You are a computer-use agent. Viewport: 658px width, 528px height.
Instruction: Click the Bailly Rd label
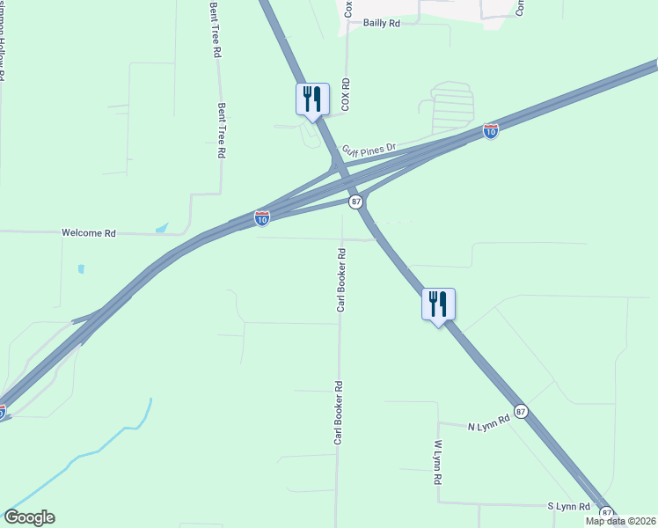(382, 24)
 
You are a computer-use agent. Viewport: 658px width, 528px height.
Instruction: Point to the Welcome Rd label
(89, 233)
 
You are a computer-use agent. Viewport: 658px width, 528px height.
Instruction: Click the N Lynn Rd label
(489, 424)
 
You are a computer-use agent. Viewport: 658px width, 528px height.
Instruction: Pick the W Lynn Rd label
(437, 464)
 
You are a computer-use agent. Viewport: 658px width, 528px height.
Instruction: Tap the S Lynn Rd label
(568, 507)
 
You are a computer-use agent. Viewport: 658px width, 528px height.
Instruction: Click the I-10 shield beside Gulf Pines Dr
(491, 131)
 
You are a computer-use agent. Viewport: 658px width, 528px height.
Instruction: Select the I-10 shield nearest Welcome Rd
(262, 217)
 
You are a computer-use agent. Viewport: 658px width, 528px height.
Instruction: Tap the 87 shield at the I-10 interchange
(355, 202)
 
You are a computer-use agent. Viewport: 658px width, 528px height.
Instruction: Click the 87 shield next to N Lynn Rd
(522, 411)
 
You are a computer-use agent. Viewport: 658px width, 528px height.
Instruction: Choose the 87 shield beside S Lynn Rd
(606, 511)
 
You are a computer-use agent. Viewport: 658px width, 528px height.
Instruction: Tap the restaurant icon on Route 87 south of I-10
(438, 304)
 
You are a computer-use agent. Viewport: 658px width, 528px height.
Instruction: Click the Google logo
(29, 517)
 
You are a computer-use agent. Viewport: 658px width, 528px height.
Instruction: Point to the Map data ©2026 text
(620, 521)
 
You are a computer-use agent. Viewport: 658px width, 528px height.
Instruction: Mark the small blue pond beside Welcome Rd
(162, 228)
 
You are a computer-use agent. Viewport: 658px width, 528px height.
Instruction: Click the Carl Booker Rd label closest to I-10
(341, 280)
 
